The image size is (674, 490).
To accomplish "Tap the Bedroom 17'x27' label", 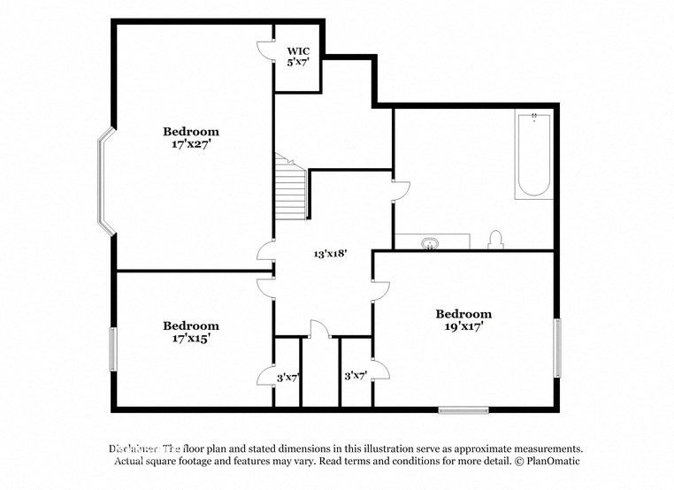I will [x=190, y=137].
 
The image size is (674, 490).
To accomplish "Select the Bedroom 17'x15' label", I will [x=190, y=331].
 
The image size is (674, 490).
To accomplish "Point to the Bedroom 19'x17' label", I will [x=463, y=319].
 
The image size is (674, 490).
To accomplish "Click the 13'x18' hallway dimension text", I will [x=330, y=252].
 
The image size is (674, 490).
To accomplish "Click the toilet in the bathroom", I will [x=495, y=241].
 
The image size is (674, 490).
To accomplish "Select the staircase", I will [x=291, y=189].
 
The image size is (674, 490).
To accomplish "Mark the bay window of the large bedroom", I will [x=107, y=181].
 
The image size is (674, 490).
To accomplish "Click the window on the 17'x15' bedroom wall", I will [x=112, y=349].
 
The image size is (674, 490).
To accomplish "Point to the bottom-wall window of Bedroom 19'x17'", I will [x=463, y=410].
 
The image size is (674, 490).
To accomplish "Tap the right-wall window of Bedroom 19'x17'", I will [x=557, y=348].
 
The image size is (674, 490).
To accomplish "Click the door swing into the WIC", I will [x=264, y=50].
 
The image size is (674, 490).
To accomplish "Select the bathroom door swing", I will [x=401, y=189].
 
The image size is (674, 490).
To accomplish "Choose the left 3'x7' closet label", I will [x=288, y=377].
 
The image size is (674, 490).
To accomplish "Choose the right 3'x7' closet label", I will [x=355, y=376].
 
